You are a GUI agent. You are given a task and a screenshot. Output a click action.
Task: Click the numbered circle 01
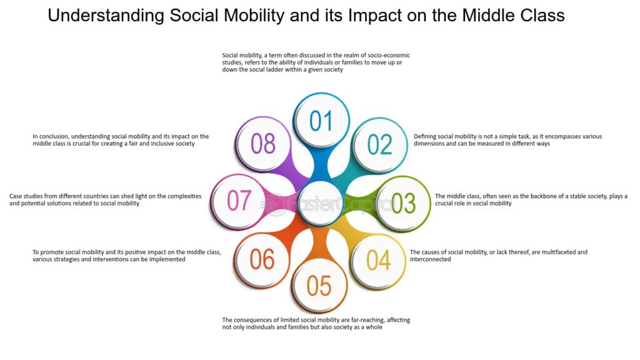coord(321,120)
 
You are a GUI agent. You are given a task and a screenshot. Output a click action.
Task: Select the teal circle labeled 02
coord(379,144)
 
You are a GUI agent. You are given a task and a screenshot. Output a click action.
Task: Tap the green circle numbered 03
coord(403,203)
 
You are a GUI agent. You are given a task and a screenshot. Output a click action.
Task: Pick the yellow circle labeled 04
coord(378,260)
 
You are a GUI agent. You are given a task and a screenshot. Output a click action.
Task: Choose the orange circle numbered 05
coord(319,285)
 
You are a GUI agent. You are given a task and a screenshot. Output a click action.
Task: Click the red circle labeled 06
coord(262,259)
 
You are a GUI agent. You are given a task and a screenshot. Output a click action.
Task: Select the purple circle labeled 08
coord(263,143)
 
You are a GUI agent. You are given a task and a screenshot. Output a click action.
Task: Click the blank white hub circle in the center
coord(321,203)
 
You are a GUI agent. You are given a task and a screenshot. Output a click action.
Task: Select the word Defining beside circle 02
coord(425,137)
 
